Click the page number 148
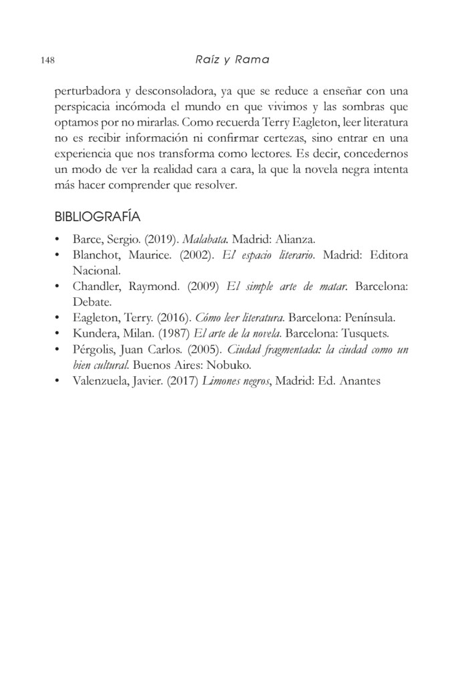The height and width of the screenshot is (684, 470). (x=47, y=60)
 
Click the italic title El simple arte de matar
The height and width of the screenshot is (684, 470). (x=287, y=287)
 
